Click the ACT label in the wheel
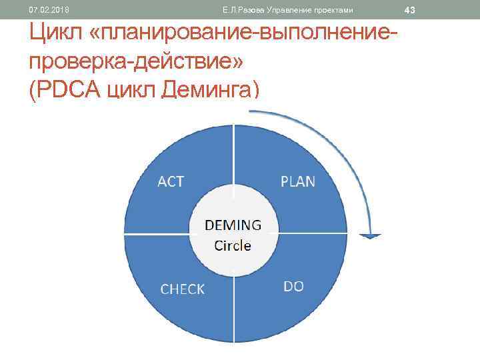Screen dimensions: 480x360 tap(171, 181)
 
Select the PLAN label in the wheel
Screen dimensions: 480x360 tap(298, 181)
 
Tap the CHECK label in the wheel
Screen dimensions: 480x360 tap(183, 289)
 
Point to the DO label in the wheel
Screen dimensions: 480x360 tap(293, 287)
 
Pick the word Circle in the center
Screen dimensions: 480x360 tap(233, 245)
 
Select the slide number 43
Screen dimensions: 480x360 tap(409, 10)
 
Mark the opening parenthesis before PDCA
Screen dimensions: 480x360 tap(33, 89)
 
